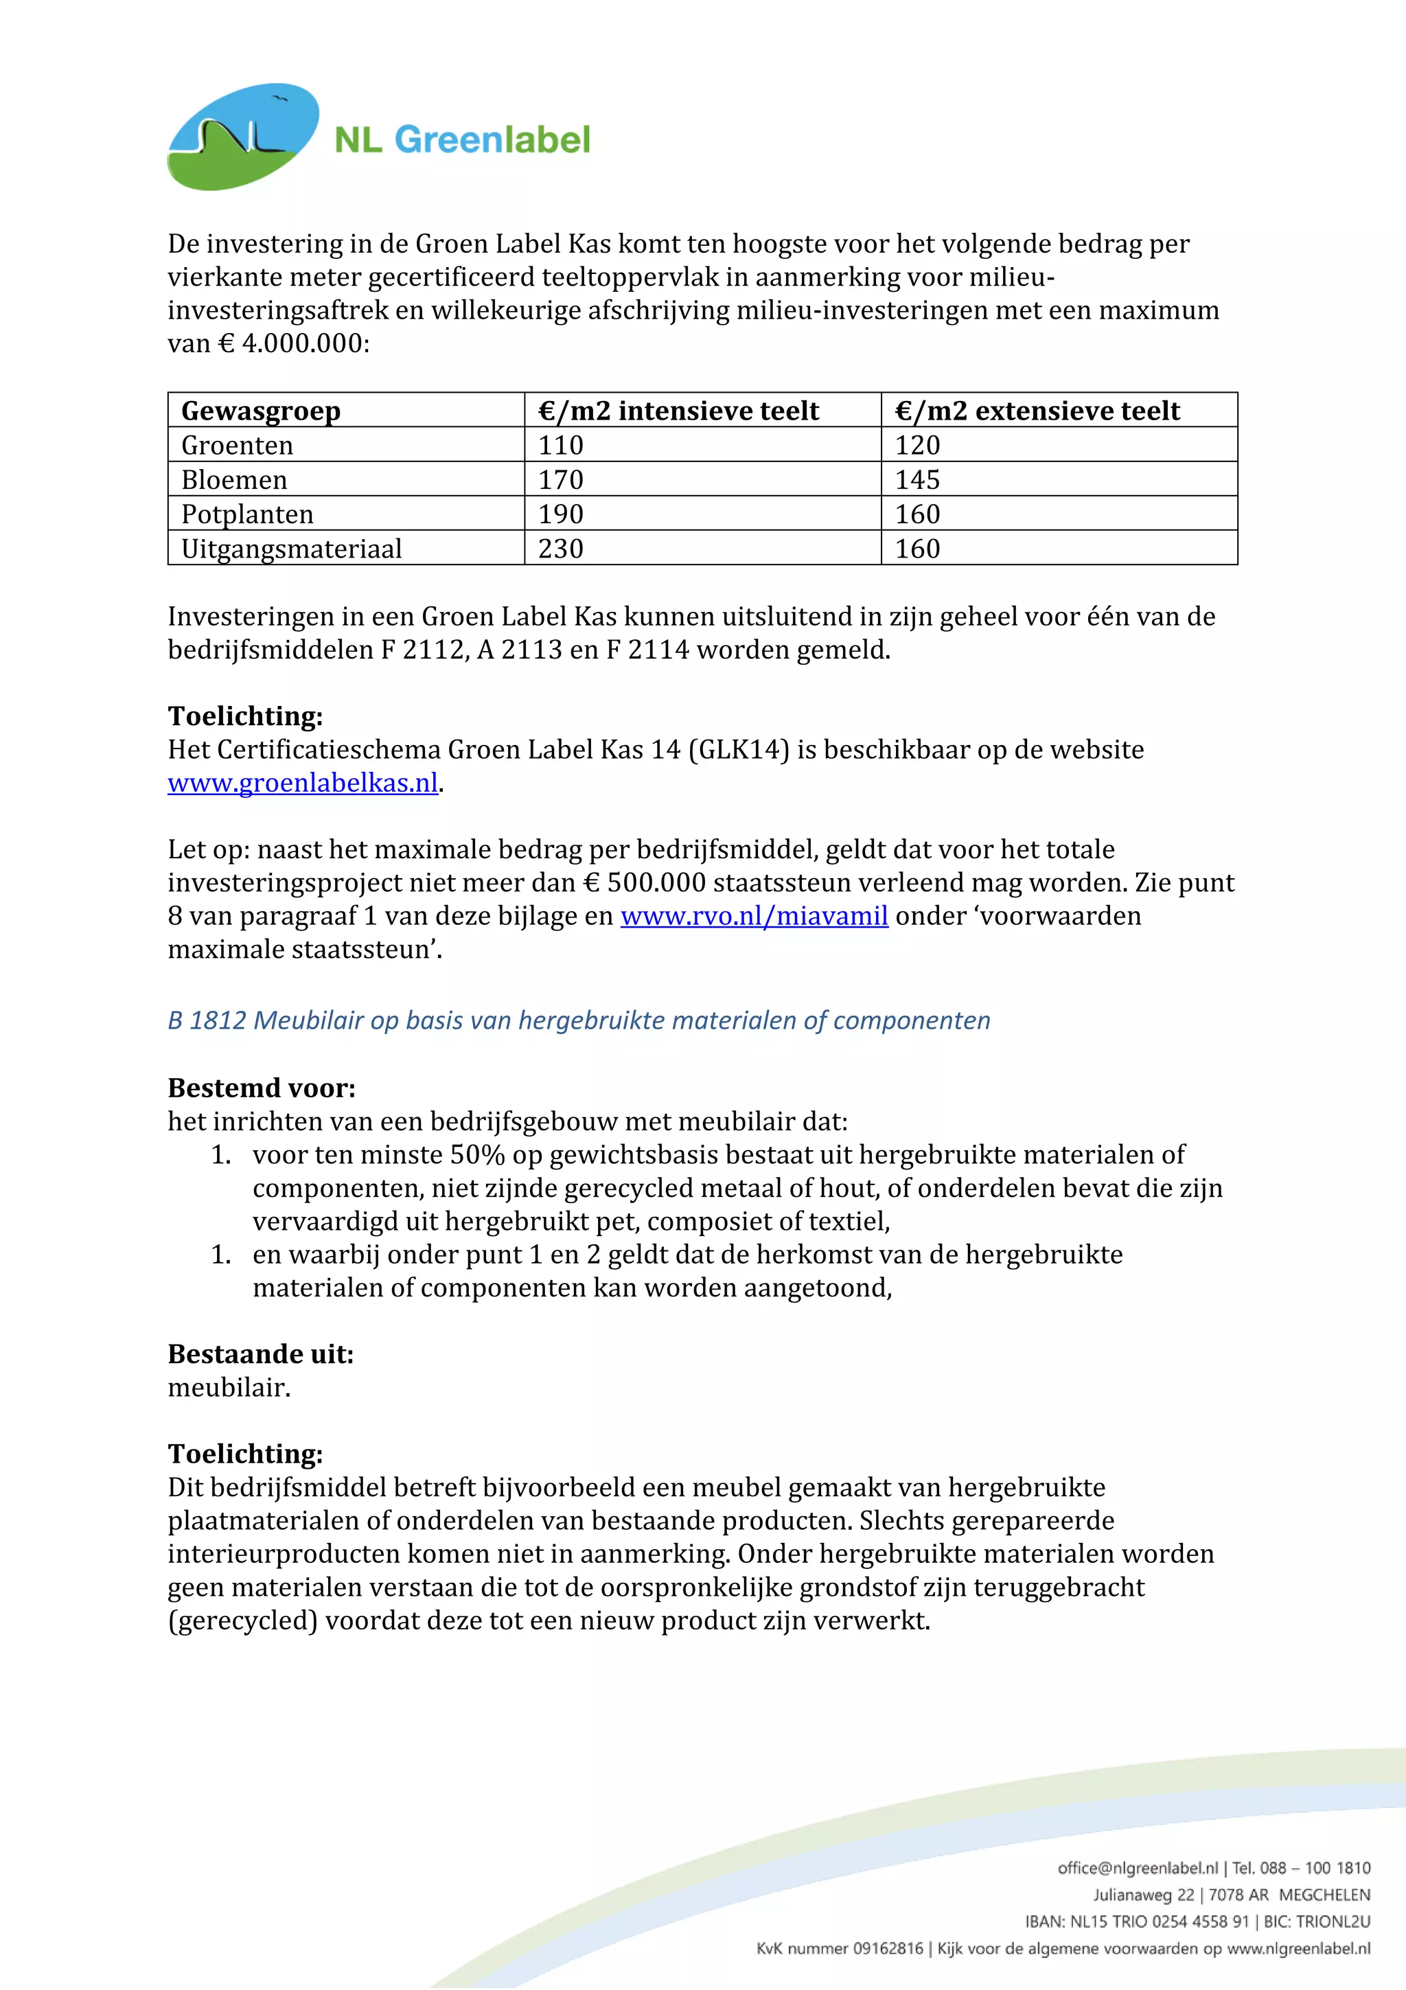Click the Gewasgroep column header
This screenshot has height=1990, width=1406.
tap(260, 410)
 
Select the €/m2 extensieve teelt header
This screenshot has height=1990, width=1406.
tap(1037, 410)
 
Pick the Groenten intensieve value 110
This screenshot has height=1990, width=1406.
tap(560, 445)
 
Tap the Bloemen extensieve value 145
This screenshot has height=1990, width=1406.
tap(917, 479)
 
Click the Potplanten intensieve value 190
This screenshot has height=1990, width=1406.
tap(560, 514)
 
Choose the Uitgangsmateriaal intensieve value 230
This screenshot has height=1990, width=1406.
tap(560, 549)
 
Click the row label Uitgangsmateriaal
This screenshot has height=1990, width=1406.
tap(291, 549)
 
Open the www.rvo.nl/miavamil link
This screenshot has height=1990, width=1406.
tap(754, 916)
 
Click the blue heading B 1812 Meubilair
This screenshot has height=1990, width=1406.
tap(579, 1020)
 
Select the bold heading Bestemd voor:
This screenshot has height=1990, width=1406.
tap(262, 1088)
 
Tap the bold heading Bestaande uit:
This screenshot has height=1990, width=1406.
tap(261, 1354)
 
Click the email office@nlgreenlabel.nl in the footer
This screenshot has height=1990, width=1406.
tap(1138, 1868)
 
